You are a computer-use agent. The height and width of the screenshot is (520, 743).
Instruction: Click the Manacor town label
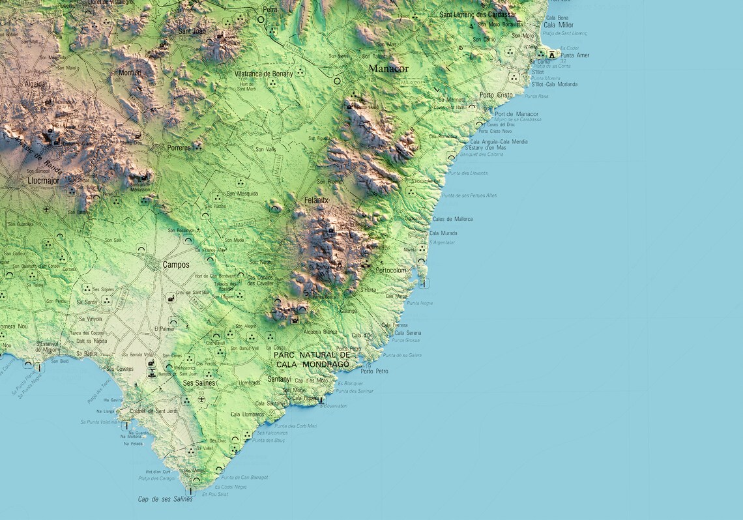point(388,68)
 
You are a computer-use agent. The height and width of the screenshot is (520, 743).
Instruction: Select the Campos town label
point(176,265)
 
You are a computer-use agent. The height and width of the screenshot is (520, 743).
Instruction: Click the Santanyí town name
point(280,379)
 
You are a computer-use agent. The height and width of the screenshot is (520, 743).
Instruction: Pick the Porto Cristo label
point(496,95)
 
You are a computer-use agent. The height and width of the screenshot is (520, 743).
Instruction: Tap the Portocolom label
point(391,270)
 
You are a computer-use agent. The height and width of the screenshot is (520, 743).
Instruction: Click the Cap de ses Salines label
point(165,499)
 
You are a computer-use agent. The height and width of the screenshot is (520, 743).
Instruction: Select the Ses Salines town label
point(199,383)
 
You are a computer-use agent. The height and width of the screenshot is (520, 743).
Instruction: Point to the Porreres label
point(179,148)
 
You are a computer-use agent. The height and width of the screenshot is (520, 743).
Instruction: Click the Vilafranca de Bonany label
point(264,74)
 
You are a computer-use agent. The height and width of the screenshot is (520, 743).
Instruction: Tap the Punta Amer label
point(574,55)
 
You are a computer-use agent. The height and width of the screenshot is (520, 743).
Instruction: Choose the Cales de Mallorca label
point(452,219)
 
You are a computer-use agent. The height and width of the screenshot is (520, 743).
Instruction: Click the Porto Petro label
point(375,371)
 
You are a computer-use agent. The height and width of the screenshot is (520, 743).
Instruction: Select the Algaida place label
point(35,84)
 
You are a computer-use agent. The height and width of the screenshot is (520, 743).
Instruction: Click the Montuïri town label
point(130,73)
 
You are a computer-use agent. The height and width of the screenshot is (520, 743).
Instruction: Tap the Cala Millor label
point(559,25)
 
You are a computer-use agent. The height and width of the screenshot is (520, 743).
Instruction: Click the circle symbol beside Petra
point(261,20)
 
